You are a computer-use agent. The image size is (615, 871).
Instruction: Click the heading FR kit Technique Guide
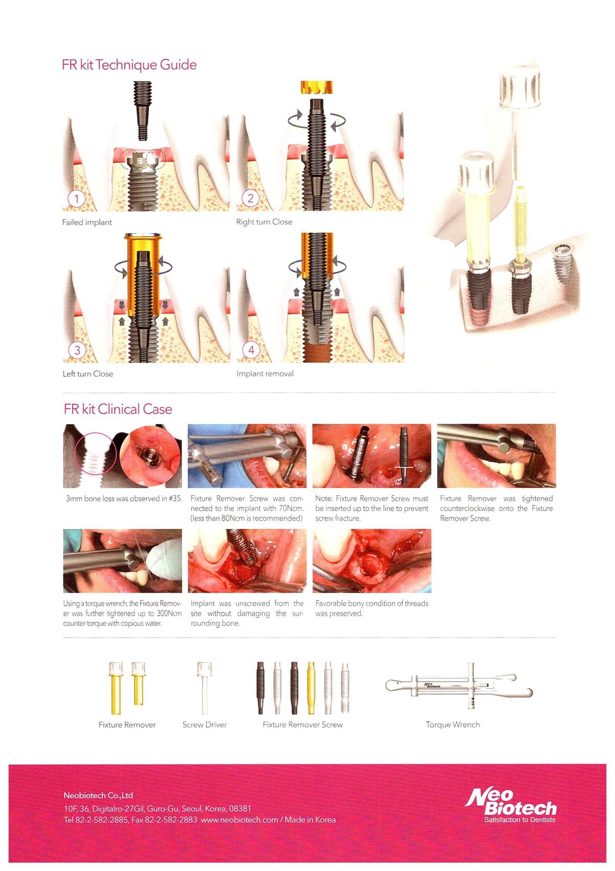(x=129, y=64)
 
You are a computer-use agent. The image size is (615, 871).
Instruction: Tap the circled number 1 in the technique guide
(x=77, y=199)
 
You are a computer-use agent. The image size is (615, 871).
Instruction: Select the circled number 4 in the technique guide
(x=251, y=350)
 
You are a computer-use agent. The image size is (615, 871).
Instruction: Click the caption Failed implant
(x=86, y=223)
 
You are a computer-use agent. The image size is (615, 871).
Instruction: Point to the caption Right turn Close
(x=264, y=222)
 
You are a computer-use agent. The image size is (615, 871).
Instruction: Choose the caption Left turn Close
(x=88, y=374)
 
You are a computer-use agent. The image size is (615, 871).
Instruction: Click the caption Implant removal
(x=265, y=374)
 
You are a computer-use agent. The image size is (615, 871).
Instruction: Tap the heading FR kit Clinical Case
(x=118, y=409)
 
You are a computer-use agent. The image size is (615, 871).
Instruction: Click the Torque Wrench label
(x=452, y=725)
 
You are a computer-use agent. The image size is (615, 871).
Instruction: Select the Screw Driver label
(x=205, y=725)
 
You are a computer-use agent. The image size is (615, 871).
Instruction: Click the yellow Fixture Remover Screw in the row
(x=311, y=688)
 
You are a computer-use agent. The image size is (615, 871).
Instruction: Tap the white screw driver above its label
(x=205, y=688)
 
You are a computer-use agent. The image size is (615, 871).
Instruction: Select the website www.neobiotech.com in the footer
(x=239, y=820)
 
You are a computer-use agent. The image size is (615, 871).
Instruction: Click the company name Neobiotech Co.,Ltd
(x=98, y=795)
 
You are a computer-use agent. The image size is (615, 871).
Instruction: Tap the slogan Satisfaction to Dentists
(x=520, y=820)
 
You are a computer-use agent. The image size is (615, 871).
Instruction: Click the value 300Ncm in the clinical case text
(x=169, y=613)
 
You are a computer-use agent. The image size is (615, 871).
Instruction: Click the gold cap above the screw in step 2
(x=316, y=88)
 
